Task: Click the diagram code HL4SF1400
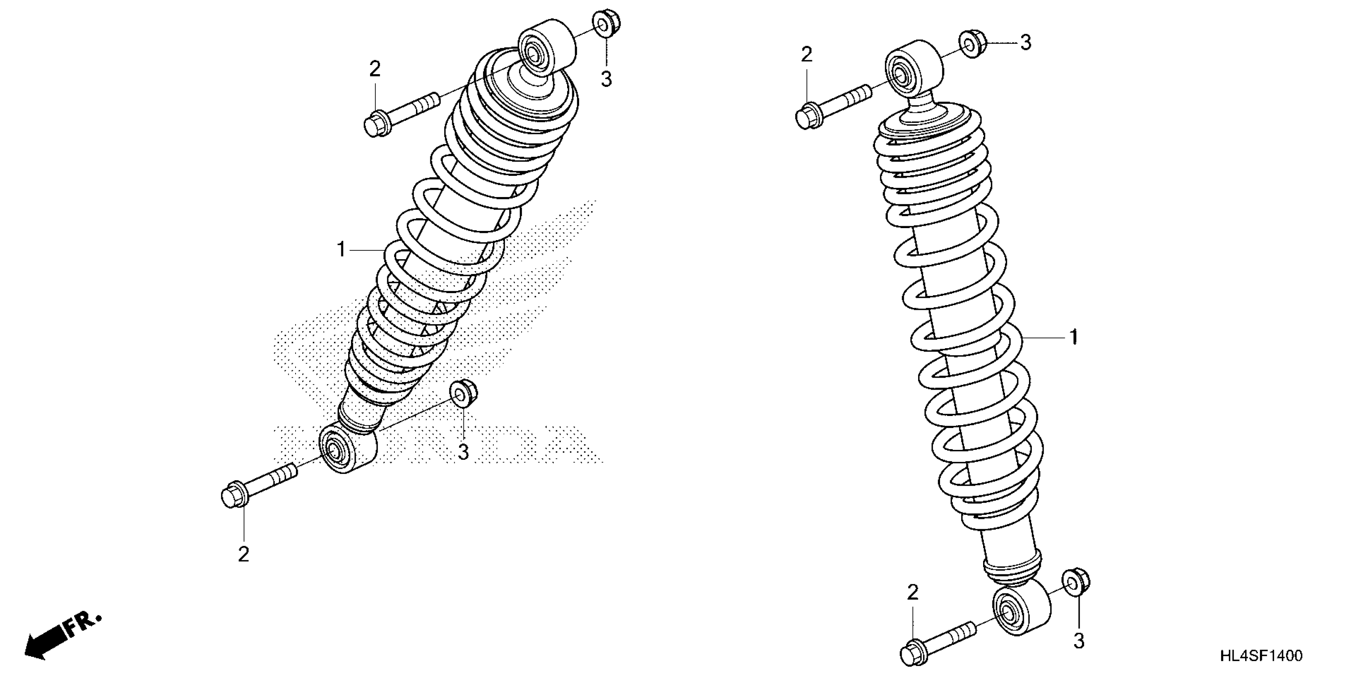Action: click(1261, 655)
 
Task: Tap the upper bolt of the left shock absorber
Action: click(401, 112)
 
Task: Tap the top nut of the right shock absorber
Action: click(973, 43)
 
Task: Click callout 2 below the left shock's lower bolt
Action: click(243, 554)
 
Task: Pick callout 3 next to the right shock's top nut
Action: click(1025, 43)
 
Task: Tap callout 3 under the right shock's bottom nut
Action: click(1078, 641)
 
